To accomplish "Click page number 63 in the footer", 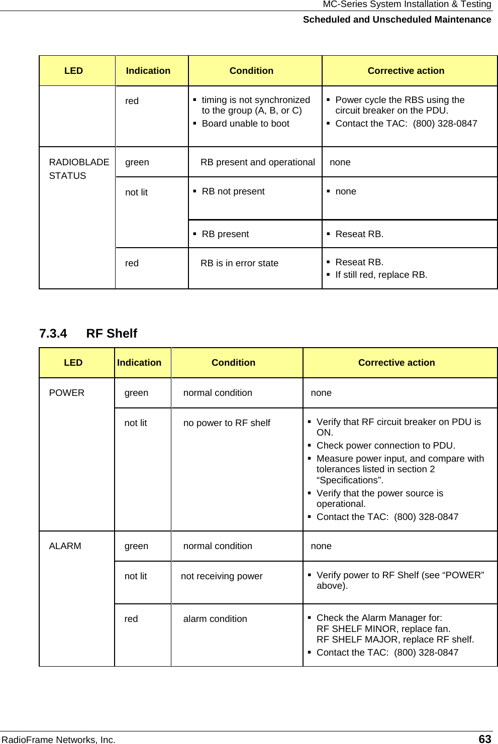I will [484, 738].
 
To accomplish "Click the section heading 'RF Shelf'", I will [112, 334].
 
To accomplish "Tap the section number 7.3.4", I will [53, 334].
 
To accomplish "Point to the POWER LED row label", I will [66, 393].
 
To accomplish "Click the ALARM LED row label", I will [65, 546].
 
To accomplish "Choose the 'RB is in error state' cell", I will [239, 263].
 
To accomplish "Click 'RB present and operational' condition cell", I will [257, 162].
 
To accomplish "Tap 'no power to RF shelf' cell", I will [227, 423].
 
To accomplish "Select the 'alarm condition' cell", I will [215, 619].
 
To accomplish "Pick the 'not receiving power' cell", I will [222, 576].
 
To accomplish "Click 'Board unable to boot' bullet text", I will [245, 124].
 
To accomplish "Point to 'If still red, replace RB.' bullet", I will [381, 275].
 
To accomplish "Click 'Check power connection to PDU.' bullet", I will [385, 446].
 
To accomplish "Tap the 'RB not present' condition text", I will [233, 191].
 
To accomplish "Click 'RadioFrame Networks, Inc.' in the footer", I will [58, 739].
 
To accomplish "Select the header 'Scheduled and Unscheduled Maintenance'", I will [396, 20].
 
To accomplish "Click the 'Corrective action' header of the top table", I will [406, 71].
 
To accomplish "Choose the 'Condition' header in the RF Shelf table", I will [233, 363].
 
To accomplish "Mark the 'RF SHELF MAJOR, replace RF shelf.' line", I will [395, 640].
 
